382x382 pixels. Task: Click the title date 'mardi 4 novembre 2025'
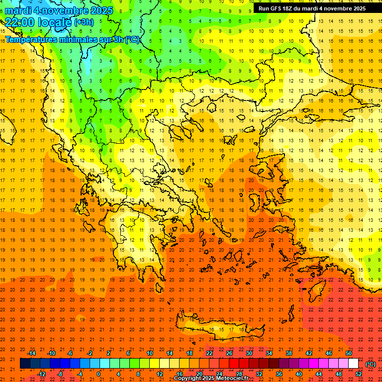(59, 10)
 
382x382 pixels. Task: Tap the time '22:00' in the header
(20, 22)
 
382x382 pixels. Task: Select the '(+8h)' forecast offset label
(83, 22)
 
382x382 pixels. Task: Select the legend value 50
(349, 353)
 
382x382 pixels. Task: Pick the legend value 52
(359, 374)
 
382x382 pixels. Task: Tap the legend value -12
(41, 374)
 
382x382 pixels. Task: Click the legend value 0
(98, 374)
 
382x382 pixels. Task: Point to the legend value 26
(229, 353)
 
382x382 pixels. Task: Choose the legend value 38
(289, 353)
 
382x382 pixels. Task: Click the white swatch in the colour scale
(353, 364)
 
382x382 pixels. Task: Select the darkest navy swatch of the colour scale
(25, 364)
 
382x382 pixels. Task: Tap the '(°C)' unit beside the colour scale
(371, 364)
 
